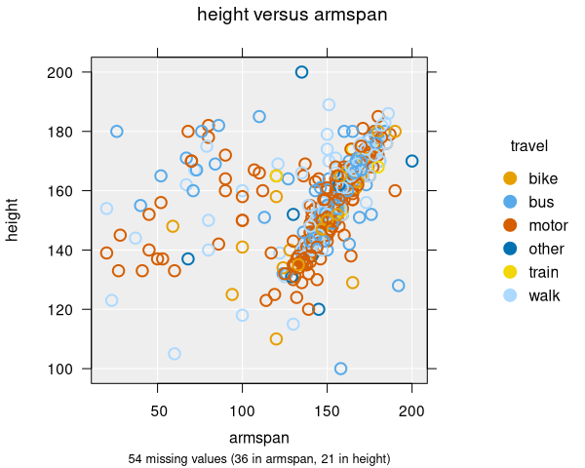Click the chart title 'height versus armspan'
click(x=292, y=15)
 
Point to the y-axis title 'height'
click(x=14, y=220)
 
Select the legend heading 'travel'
click(x=528, y=146)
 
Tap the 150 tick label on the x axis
click(x=327, y=412)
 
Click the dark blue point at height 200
click(x=301, y=72)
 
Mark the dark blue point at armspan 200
click(x=411, y=161)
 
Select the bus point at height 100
click(x=340, y=369)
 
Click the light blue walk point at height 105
click(x=175, y=354)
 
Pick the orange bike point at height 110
click(x=276, y=339)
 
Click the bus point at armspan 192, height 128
click(x=398, y=286)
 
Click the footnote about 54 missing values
click(x=258, y=458)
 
